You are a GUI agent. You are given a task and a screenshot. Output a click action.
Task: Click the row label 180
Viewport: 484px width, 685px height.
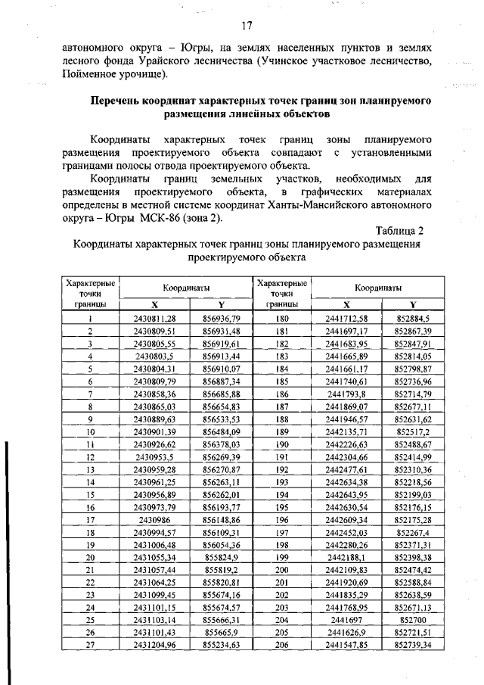click(x=282, y=319)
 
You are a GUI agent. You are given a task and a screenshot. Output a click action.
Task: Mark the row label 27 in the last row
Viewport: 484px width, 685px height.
click(x=90, y=645)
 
